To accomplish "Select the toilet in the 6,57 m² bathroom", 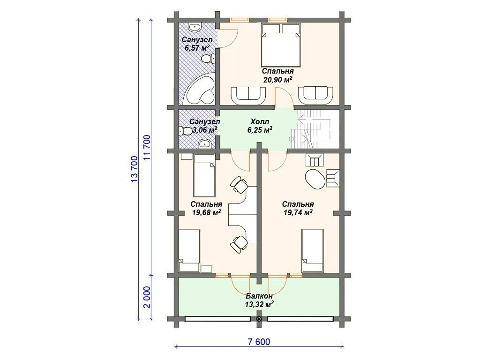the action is pyautogui.click(x=209, y=58).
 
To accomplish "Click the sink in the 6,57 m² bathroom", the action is pyautogui.click(x=195, y=27).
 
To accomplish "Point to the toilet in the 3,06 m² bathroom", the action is pyautogui.click(x=185, y=131).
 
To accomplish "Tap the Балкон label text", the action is pyautogui.click(x=259, y=296).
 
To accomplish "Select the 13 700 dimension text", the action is pyautogui.click(x=135, y=169).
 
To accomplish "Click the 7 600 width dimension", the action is pyautogui.click(x=259, y=342).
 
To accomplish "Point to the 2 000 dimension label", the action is pyautogui.click(x=147, y=297).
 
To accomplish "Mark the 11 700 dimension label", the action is pyautogui.click(x=147, y=148).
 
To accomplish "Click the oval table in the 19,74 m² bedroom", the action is pyautogui.click(x=315, y=180).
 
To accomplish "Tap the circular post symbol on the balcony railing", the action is pyautogui.click(x=259, y=319).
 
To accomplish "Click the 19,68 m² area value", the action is pyautogui.click(x=207, y=212).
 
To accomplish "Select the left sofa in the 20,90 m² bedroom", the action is pyautogui.click(x=248, y=95).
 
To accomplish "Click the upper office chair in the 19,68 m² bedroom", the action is pyautogui.click(x=239, y=185).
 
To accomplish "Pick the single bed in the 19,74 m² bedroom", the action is pyautogui.click(x=313, y=250).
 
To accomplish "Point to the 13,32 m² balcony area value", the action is pyautogui.click(x=259, y=304).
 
